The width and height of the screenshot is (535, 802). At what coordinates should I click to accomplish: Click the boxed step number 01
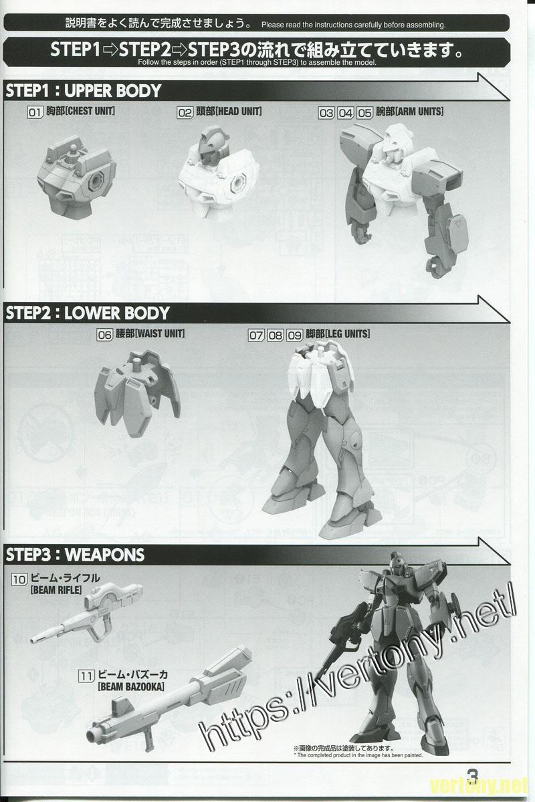[35, 112]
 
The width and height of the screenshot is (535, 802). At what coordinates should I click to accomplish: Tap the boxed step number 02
[185, 112]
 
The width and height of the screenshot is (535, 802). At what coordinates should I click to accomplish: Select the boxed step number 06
[104, 336]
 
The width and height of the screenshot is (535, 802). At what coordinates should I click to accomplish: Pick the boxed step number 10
[19, 579]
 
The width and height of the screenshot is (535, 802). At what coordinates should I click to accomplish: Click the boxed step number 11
[85, 675]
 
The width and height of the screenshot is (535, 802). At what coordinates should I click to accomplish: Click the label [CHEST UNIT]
[90, 112]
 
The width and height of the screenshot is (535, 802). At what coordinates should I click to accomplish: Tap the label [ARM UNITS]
[419, 112]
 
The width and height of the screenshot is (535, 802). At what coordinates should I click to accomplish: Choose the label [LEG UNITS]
[345, 335]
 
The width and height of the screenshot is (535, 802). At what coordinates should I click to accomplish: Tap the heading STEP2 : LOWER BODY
[88, 313]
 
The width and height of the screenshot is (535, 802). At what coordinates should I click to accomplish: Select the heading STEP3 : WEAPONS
[75, 555]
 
